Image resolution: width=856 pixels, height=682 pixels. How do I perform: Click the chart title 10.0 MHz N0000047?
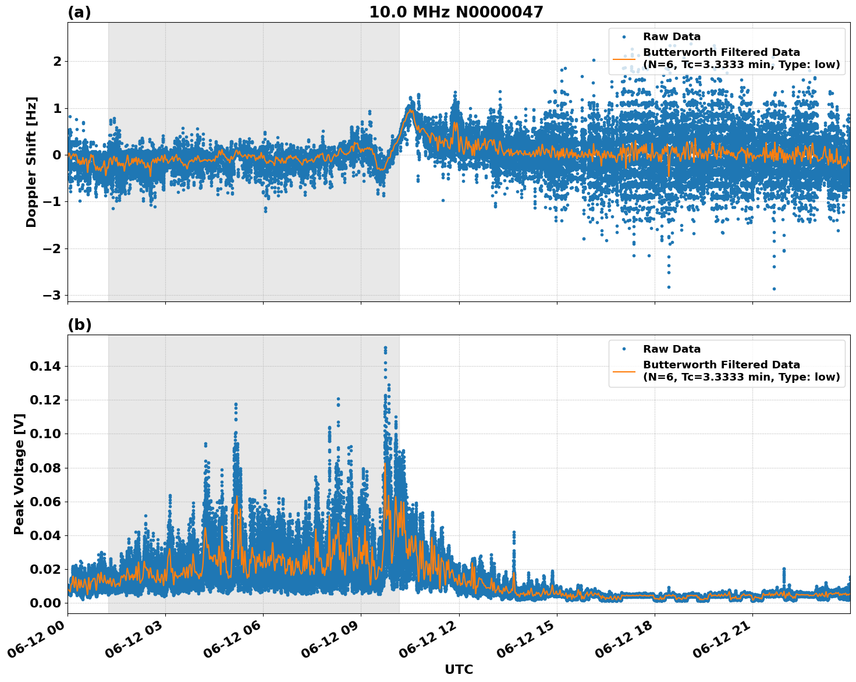(x=456, y=12)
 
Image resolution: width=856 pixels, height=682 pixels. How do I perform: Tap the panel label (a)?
(x=79, y=12)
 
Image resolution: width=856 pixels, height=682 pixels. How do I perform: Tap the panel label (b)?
(x=79, y=325)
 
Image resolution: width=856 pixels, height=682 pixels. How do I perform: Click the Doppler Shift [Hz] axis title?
(x=31, y=162)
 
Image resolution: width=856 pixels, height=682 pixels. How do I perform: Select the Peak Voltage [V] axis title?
(x=19, y=474)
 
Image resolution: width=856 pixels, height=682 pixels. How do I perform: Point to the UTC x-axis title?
(x=459, y=669)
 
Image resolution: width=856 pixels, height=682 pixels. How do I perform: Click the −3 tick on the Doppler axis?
(x=51, y=295)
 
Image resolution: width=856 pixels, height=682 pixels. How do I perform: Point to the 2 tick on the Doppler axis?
(x=57, y=61)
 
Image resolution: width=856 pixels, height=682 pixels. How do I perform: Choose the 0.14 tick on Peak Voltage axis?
(x=45, y=366)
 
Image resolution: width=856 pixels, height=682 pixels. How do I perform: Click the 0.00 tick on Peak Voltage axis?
(x=45, y=603)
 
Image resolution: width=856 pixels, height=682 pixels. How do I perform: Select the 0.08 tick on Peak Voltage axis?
(x=45, y=468)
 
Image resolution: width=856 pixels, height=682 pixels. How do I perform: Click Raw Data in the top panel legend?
(x=672, y=37)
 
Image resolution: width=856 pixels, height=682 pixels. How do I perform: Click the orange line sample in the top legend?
(x=624, y=59)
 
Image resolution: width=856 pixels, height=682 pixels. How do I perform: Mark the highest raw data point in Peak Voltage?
(x=385, y=347)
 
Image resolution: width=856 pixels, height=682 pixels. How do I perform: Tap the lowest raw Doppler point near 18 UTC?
(x=669, y=287)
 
